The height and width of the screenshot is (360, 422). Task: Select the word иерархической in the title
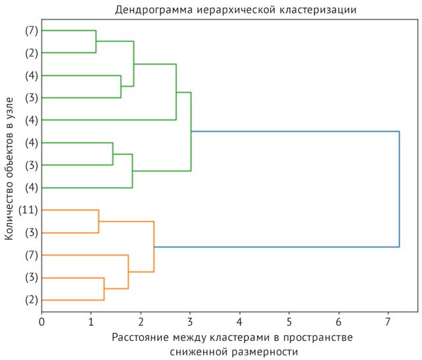point(231,10)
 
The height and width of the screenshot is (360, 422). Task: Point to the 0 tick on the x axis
point(42,322)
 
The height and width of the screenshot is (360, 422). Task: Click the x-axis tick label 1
point(91,322)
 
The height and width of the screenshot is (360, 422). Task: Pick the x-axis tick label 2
point(141,322)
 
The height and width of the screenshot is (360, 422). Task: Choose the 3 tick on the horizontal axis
point(190,322)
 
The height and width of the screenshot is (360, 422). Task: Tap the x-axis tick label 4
point(239,322)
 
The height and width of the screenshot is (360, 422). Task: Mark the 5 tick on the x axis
point(289,322)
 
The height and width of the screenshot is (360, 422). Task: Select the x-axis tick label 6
point(339,322)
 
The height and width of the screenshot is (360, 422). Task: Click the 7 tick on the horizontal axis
point(388,322)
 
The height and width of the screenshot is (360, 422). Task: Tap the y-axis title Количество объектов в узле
point(10,169)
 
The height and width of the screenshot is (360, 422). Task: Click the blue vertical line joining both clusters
point(399,189)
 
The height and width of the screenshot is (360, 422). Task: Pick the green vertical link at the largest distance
point(191,131)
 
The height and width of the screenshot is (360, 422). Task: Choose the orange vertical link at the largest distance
point(154,246)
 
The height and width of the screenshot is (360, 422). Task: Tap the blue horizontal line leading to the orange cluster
point(276,247)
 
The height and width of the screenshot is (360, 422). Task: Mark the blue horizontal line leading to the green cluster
point(295,132)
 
